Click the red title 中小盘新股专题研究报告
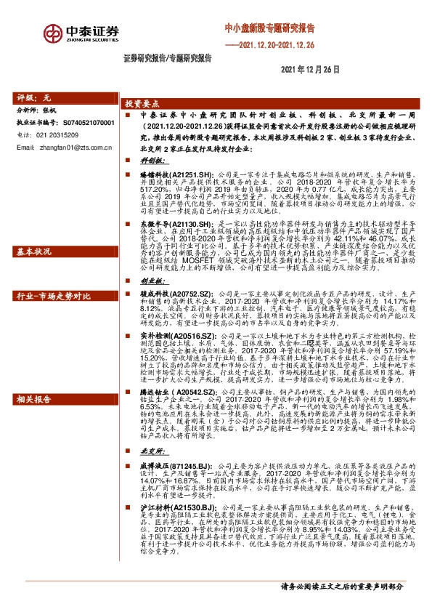269,29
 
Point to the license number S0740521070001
84,124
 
